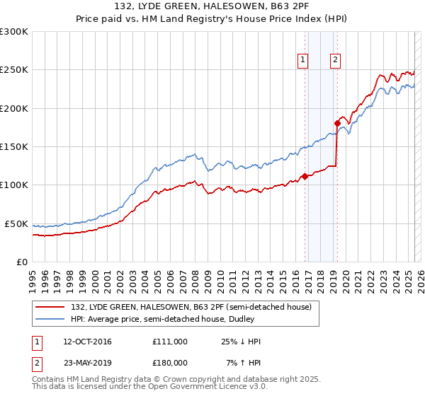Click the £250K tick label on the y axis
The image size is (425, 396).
(13, 70)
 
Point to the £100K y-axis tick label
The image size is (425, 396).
(13, 185)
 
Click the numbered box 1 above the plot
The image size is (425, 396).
(303, 60)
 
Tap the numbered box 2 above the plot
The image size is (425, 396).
(334, 60)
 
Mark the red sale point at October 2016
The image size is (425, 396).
(305, 177)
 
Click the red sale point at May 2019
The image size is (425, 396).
(337, 123)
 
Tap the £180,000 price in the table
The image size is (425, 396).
(169, 362)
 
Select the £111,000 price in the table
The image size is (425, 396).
(169, 342)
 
